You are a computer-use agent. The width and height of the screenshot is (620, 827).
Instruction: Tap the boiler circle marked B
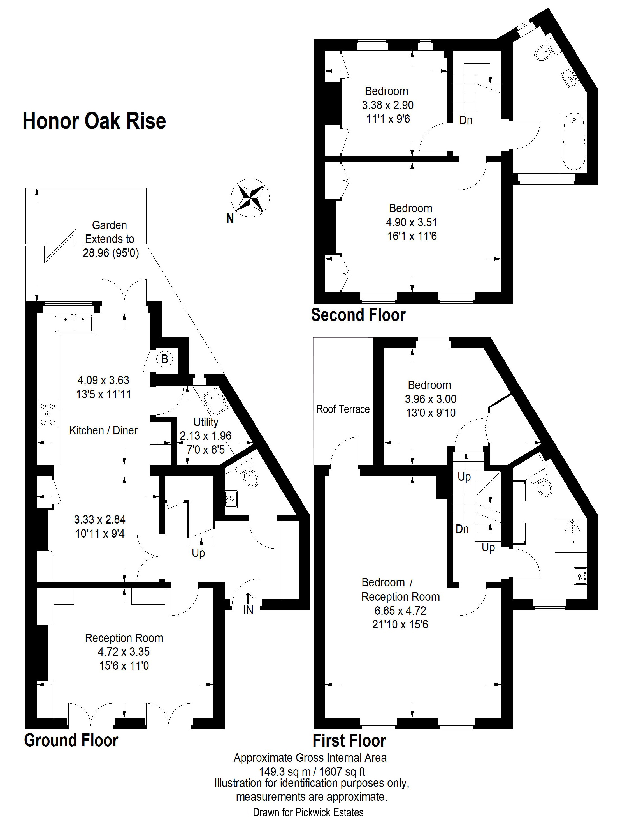point(164,359)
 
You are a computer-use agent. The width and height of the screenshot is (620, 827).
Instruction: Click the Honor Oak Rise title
point(94,121)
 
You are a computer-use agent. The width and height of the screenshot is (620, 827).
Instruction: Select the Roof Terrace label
point(343,409)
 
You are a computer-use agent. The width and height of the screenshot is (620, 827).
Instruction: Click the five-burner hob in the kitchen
point(48,414)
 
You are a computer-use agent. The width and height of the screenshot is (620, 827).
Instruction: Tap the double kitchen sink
point(74,324)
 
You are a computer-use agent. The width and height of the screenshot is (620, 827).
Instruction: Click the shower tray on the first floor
point(571,535)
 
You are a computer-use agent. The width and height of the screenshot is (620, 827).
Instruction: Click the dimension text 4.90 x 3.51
point(411,222)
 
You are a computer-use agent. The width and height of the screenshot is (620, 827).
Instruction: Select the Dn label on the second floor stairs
point(465,120)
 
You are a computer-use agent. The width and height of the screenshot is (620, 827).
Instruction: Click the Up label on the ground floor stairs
point(198,553)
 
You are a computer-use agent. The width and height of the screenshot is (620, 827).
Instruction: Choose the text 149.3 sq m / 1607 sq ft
point(312,771)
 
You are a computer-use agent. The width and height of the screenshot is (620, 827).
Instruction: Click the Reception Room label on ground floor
point(124,638)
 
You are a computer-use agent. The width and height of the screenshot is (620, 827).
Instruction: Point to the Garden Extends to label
point(110,232)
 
